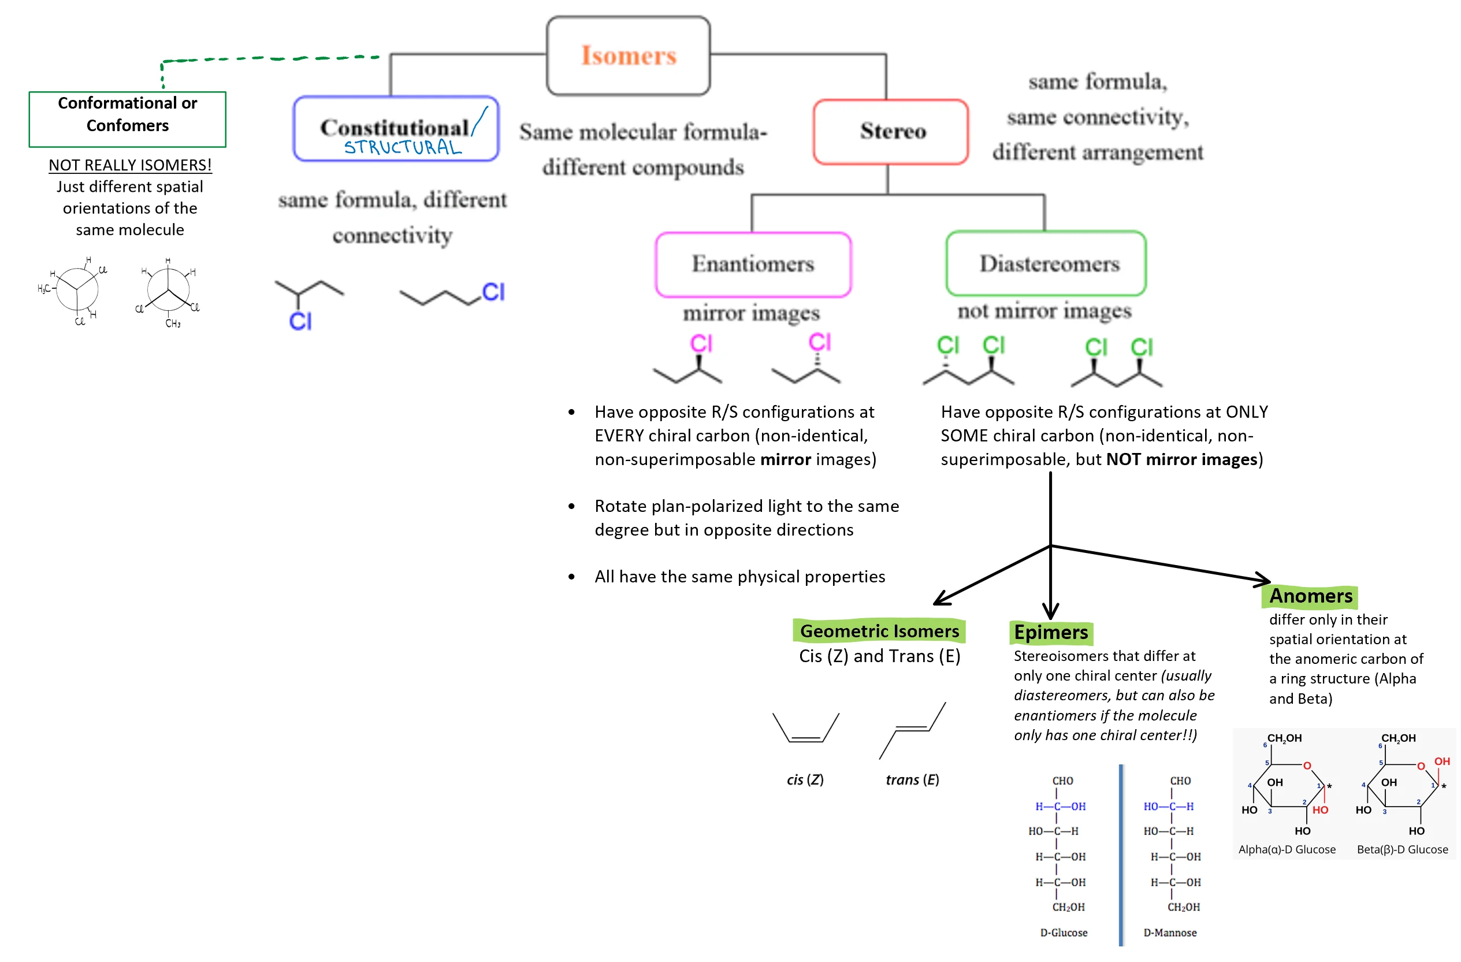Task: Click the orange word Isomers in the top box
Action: tap(628, 56)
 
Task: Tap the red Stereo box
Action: tap(891, 131)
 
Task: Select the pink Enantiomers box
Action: tap(753, 265)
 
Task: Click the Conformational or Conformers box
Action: tap(127, 119)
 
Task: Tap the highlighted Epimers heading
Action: tap(1050, 632)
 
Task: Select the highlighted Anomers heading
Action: tap(1310, 596)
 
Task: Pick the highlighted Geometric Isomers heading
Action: tap(879, 631)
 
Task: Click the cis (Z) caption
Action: tap(805, 779)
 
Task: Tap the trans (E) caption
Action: tap(912, 779)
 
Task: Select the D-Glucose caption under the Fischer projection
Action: tap(1063, 933)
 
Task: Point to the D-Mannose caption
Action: tap(1169, 933)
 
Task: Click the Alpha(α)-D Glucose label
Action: tap(1287, 850)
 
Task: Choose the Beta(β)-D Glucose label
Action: tap(1402, 850)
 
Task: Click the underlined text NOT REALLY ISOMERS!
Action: tap(130, 165)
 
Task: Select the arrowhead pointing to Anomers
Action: tap(1265, 579)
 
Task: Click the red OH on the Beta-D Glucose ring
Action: tap(1441, 762)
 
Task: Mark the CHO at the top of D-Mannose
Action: tap(1180, 781)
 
